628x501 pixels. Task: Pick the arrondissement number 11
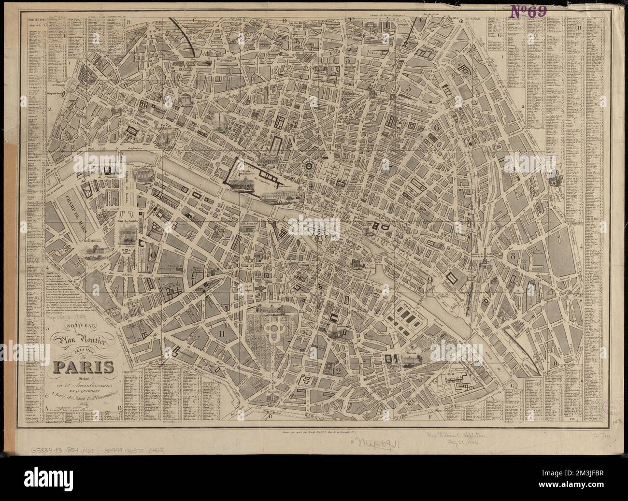[222, 332]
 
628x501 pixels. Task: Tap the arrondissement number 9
[429, 279]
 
